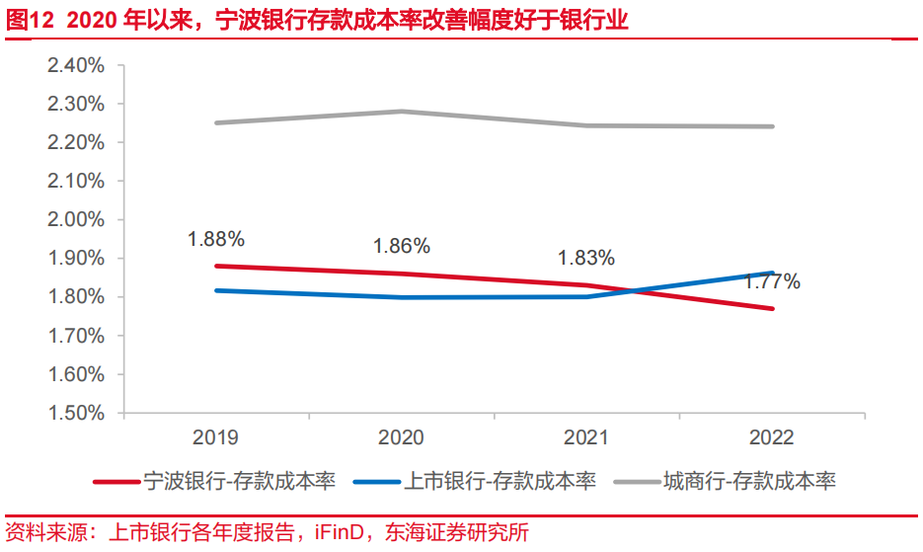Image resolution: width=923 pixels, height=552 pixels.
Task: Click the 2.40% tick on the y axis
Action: point(75,65)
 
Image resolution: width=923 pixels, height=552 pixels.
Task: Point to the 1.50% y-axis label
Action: point(75,413)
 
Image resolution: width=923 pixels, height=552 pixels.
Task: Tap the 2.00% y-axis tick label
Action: point(75,219)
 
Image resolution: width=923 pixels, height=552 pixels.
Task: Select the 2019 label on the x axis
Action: point(215,437)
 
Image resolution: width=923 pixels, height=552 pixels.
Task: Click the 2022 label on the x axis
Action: point(772,437)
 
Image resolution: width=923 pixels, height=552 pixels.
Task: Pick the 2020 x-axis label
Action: point(401,437)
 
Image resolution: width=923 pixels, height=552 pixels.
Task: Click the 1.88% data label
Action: point(216,238)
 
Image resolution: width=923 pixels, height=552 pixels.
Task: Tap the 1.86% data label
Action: point(401,246)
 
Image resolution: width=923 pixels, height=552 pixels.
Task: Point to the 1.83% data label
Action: point(586,258)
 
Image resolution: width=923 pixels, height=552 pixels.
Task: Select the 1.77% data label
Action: point(772,281)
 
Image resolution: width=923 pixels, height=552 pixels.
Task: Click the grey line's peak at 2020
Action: point(401,112)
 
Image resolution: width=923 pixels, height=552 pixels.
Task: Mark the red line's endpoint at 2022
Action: point(772,308)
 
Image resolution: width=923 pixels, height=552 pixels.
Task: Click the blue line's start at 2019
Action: point(216,290)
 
